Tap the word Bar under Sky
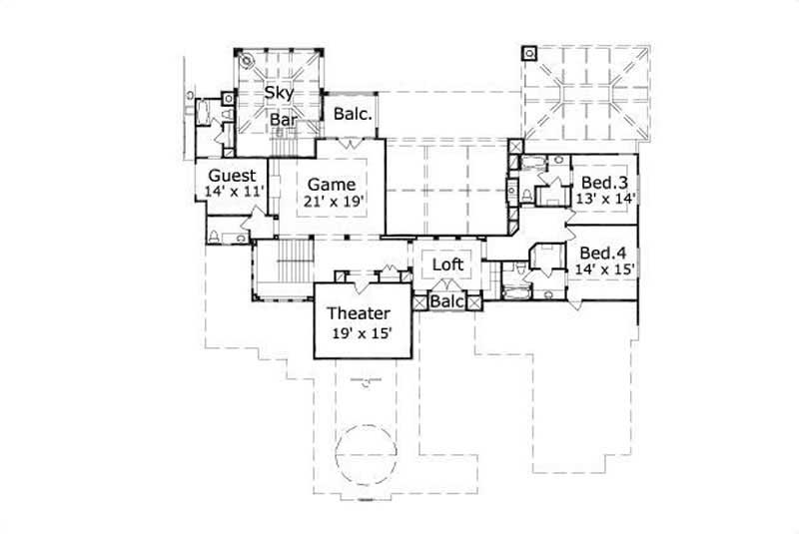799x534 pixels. tap(284, 119)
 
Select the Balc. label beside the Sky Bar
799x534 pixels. tap(353, 114)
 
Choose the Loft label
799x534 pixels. tap(446, 265)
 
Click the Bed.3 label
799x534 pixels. tap(603, 182)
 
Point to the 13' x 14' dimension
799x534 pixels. tap(603, 198)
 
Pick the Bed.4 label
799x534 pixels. tap(603, 253)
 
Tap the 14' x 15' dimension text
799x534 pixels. tap(603, 268)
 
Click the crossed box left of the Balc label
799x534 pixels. tap(420, 299)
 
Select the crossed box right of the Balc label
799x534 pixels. tap(474, 299)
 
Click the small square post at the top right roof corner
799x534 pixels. tap(528, 52)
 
